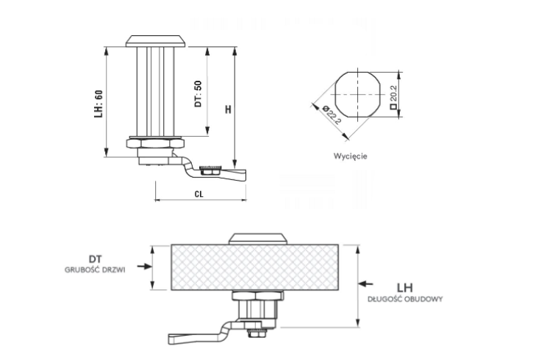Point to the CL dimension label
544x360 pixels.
[198, 193]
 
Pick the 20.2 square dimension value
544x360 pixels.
[393, 93]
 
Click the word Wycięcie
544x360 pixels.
[349, 156]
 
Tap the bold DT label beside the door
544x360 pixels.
[95, 259]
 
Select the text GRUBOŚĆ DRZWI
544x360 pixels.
[96, 270]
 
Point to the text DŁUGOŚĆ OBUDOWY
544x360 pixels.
[406, 300]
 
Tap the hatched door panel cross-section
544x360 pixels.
[256, 268]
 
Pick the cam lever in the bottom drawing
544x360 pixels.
[198, 337]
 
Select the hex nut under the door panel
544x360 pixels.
[254, 298]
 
